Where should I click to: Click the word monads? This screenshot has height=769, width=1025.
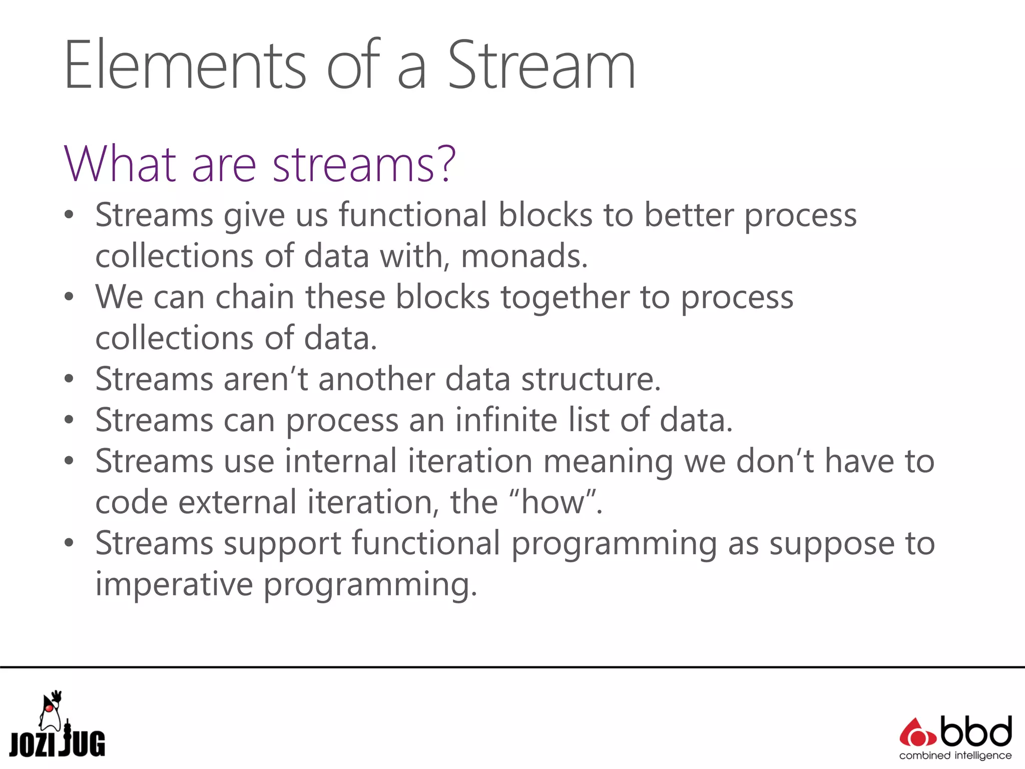pyautogui.click(x=524, y=256)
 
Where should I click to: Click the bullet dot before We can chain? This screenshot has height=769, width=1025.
pyautogui.click(x=69, y=297)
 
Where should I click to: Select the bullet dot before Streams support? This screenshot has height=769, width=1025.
pyautogui.click(x=69, y=543)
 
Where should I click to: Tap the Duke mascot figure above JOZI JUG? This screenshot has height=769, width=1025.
pyautogui.click(x=51, y=711)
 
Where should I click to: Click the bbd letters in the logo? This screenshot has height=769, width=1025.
pyautogui.click(x=976, y=732)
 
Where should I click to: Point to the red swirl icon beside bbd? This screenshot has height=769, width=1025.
pyautogui.click(x=917, y=734)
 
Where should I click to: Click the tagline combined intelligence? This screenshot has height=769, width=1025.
pyautogui.click(x=955, y=755)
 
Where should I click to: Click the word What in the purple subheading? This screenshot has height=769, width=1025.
pyautogui.click(x=120, y=164)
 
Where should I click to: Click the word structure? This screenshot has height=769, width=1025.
pyautogui.click(x=591, y=379)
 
